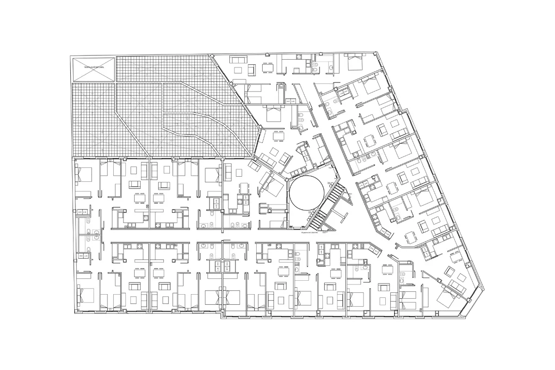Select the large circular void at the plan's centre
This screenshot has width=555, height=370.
pyautogui.click(x=305, y=192)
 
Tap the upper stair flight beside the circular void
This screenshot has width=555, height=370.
pyautogui.click(x=337, y=190)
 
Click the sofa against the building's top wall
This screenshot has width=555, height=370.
pyautogui.click(x=239, y=60)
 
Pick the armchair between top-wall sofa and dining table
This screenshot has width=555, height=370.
pyautogui.click(x=252, y=69)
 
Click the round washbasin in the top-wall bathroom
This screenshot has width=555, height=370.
pyautogui.click(x=331, y=68)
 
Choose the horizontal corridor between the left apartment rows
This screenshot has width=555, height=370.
pyautogui.click(x=153, y=242)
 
